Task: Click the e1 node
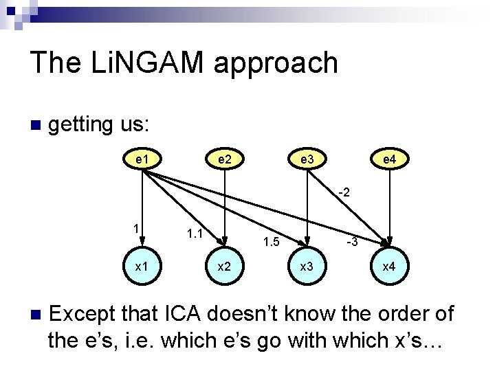pyautogui.click(x=142, y=159)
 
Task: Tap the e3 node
pyautogui.click(x=307, y=159)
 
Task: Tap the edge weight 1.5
pyautogui.click(x=272, y=242)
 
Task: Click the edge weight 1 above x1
pyautogui.click(x=137, y=229)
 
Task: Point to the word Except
pyautogui.click(x=85, y=314)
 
